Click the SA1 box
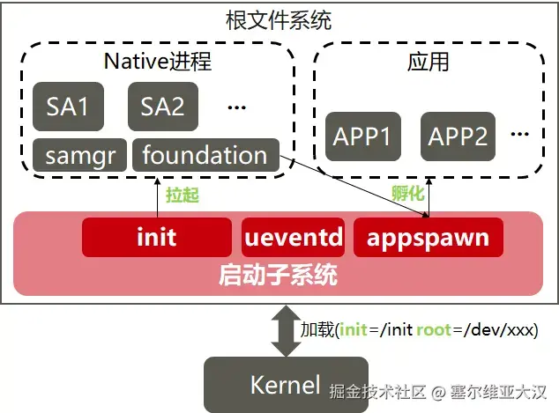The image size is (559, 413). tap(68, 107)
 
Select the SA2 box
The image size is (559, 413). tap(163, 107)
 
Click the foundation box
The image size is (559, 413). tap(205, 155)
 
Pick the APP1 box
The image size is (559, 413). tap(362, 136)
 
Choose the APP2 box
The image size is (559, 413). tap(458, 136)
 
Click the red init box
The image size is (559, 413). tap(157, 237)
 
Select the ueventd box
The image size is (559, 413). tap(294, 237)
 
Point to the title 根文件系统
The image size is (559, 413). tap(279, 18)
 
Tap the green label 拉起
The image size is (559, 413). tap(182, 195)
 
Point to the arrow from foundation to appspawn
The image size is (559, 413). tap(353, 185)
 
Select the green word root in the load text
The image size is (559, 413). tap(434, 331)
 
